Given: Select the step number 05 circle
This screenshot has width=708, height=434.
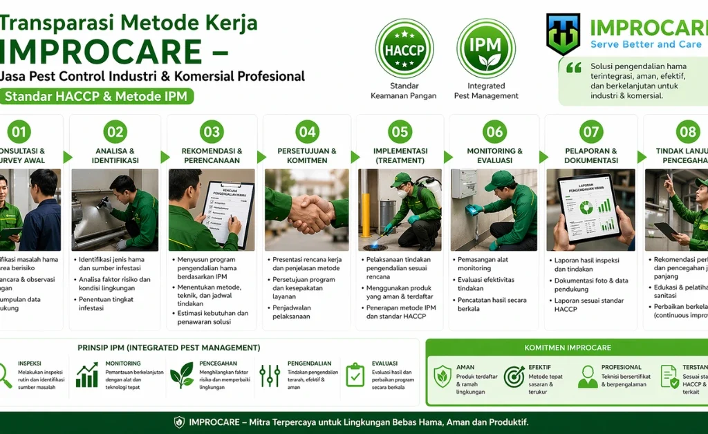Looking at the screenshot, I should [400, 131].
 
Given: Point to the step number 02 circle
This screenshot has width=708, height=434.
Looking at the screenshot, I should [115, 131].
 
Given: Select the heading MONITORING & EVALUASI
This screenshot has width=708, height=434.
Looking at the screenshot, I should [494, 155].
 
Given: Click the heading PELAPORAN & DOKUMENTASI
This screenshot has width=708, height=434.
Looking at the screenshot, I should [590, 155].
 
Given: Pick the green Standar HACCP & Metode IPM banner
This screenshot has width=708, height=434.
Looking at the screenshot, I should [97, 96].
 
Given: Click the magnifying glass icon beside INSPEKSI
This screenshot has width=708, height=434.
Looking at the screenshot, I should [5, 375].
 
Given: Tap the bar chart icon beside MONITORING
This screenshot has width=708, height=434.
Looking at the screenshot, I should [87, 375].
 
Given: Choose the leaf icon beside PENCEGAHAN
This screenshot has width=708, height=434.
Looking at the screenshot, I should [182, 375].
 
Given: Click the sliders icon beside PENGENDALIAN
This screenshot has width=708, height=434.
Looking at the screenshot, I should [270, 375].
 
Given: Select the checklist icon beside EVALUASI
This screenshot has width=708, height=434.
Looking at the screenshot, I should [355, 375].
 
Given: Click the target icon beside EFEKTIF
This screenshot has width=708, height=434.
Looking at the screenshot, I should [514, 377].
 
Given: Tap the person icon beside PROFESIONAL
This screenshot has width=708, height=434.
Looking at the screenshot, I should [588, 377].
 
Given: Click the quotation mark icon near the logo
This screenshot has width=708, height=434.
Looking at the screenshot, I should [574, 68].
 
